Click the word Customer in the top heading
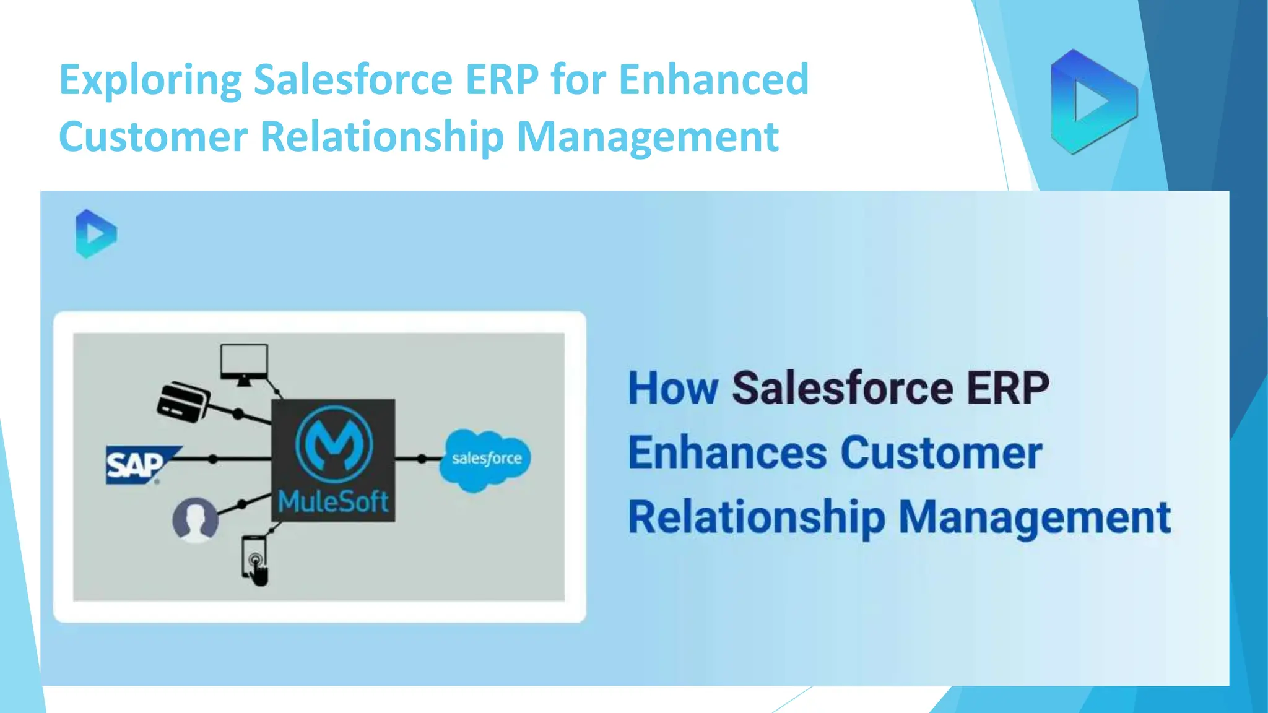(x=153, y=137)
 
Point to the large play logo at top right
(x=1093, y=102)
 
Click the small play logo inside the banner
(x=96, y=234)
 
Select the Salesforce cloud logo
(x=485, y=459)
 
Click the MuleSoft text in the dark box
(x=333, y=501)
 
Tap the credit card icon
(x=183, y=401)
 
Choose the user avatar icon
(x=195, y=519)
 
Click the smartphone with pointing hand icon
(x=254, y=560)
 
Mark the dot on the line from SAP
(x=213, y=459)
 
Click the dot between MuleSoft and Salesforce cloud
(x=422, y=459)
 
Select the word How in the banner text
(x=672, y=389)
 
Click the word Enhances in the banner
(x=727, y=453)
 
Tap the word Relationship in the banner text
(x=756, y=517)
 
